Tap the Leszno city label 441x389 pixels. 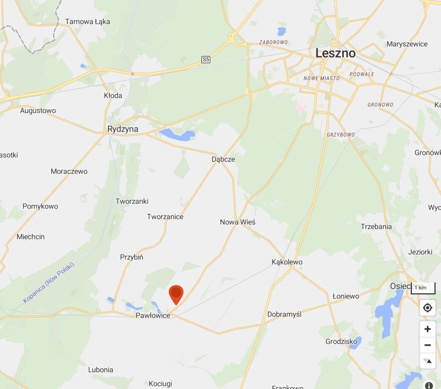point(335,53)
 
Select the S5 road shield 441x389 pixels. point(206,60)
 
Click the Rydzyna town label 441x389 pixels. point(123,129)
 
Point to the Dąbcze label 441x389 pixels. point(223,159)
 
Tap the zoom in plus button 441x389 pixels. point(427,329)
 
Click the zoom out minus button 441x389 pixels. point(427,345)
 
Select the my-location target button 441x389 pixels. point(427,308)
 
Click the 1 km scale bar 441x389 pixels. point(423,288)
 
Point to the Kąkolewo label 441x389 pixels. point(287,262)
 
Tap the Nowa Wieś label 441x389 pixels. point(238,222)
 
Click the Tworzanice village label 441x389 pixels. point(165,217)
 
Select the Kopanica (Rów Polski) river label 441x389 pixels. point(49,283)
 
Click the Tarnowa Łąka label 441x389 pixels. point(87,21)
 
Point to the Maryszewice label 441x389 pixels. point(407,44)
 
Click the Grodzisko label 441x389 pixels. point(341,342)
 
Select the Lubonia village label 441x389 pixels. point(101,370)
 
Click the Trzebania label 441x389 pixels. point(376,227)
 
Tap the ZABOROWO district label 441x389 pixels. point(273,42)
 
